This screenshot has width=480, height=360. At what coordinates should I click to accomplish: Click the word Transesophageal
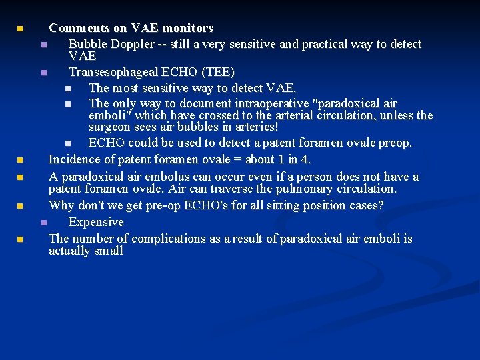[x=111, y=71]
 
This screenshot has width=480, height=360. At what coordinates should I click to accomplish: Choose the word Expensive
[x=96, y=222]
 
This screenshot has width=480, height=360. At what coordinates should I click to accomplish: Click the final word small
[x=108, y=251]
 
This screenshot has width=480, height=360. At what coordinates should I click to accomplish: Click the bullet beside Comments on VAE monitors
[x=20, y=29]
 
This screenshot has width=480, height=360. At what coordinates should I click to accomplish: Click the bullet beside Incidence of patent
[x=20, y=161]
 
